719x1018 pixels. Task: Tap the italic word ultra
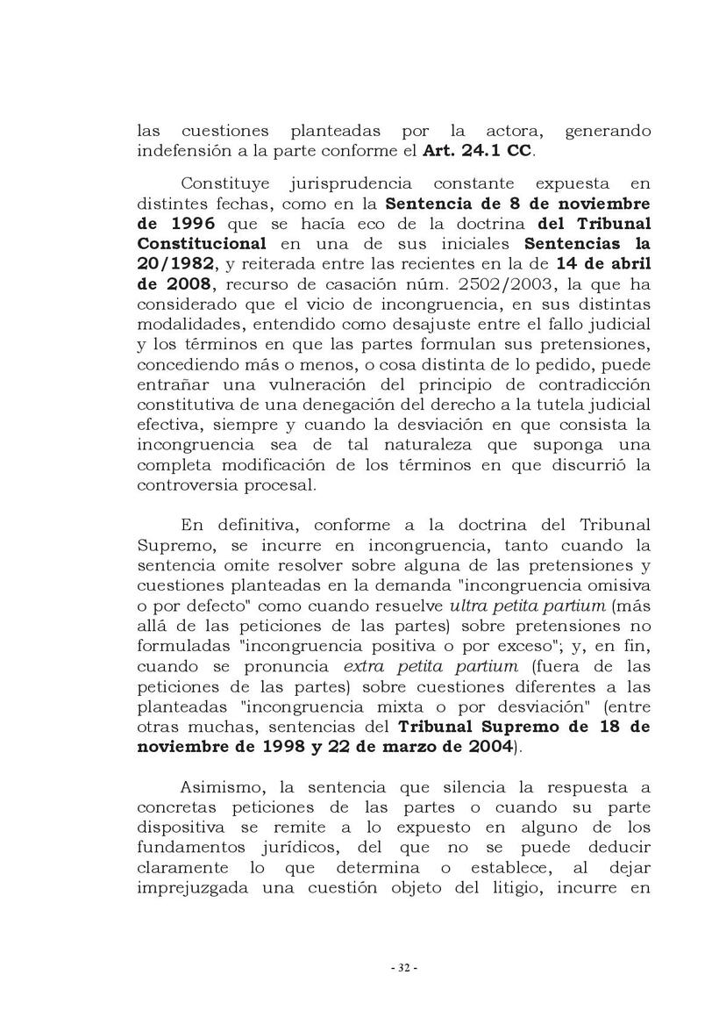pos(470,606)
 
